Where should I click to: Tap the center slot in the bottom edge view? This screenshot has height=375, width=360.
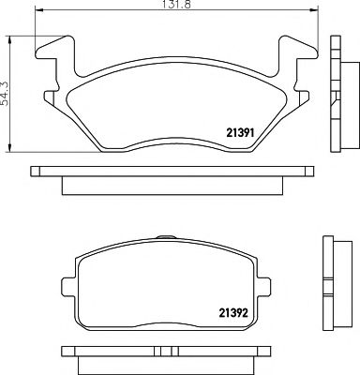pyautogui.click(x=169, y=352)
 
